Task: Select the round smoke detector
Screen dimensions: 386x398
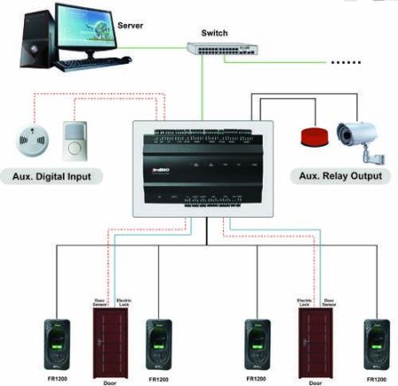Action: [x=29, y=140]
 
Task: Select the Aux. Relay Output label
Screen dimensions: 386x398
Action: [x=341, y=176]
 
